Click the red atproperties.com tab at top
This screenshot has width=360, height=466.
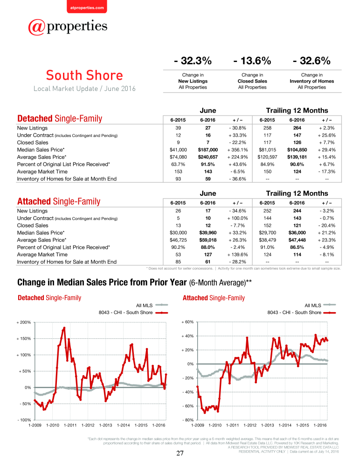tap(87, 7)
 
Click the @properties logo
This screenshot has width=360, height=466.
tap(68, 27)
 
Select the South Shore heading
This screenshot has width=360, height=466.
tap(84, 75)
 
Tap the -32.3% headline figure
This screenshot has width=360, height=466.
tap(193, 61)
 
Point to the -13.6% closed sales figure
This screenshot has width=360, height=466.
tap(252, 61)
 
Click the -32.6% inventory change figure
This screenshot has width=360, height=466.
tap(312, 61)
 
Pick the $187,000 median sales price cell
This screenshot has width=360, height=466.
tap(208, 150)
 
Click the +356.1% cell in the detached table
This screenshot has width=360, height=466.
tap(237, 150)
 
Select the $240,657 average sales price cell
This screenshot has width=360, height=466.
tap(208, 157)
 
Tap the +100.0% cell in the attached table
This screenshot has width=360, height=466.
tap(237, 218)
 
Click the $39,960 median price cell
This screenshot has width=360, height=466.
tap(208, 233)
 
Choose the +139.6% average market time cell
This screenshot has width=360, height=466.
tap(237, 255)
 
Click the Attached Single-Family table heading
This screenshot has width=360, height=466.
tap(59, 201)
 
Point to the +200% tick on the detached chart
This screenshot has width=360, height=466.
tap(24, 322)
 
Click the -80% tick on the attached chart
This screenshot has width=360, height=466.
tap(188, 420)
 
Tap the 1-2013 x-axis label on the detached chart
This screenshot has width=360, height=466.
tap(105, 425)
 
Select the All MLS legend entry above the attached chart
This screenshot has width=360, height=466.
tap(320, 305)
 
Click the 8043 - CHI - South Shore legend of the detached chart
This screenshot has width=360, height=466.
tap(133, 313)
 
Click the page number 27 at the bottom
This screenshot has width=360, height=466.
tap(180, 453)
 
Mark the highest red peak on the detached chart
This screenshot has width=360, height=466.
tap(64, 328)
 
